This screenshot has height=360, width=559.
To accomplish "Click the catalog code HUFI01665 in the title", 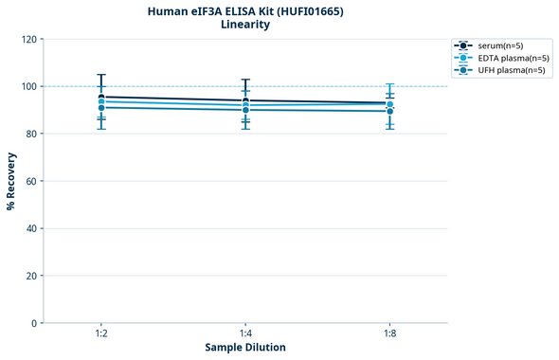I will (308, 10).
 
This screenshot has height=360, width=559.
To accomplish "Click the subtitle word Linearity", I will (244, 25).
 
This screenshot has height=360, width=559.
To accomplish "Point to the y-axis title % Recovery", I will (11, 180).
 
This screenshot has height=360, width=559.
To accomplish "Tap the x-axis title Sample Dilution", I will (245, 348).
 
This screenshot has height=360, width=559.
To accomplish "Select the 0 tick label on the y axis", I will (33, 323).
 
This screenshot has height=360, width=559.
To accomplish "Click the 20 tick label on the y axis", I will (30, 276).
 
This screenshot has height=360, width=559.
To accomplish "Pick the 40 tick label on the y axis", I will (30, 228).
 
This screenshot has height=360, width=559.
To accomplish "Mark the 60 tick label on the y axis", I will (30, 181).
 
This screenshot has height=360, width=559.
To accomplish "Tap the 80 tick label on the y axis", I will (30, 134).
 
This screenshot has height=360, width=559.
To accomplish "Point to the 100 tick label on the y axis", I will (27, 86).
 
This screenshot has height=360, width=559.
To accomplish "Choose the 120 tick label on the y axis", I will (27, 39).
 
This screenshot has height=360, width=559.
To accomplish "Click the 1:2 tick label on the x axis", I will (100, 333).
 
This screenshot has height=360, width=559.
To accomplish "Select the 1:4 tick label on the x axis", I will (245, 333).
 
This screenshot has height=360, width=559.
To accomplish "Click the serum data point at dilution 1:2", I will (100, 97).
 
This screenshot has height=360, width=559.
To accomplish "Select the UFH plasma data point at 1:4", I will (245, 110).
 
